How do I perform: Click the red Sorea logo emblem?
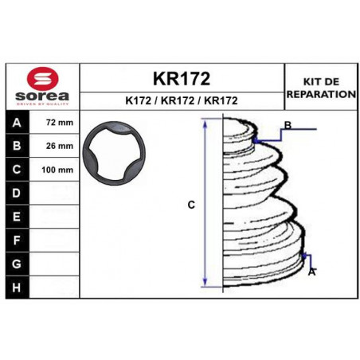point(42,78)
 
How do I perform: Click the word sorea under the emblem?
point(42,96)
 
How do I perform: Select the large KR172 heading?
point(182,79)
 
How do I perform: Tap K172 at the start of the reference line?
point(138,101)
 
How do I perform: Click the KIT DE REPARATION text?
point(321,88)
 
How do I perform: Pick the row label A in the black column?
point(17,123)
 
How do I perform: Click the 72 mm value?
point(60,123)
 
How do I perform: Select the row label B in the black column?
point(17,146)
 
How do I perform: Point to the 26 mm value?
point(60,146)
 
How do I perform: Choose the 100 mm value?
point(57,170)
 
